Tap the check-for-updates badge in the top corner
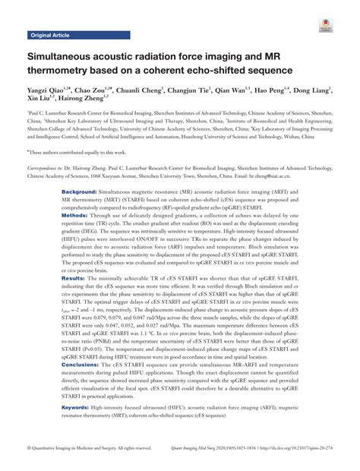(x=330, y=26)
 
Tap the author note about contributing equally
(x=71, y=151)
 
